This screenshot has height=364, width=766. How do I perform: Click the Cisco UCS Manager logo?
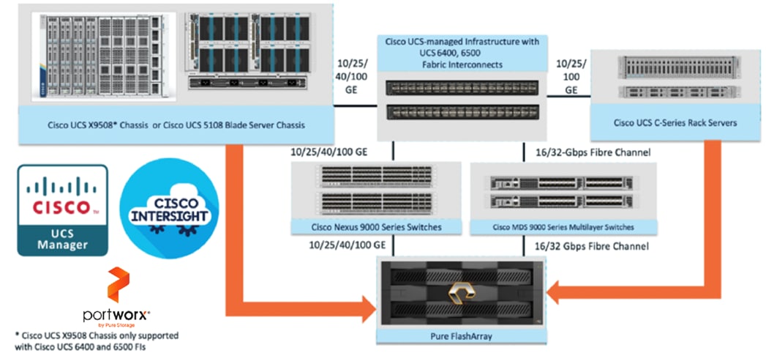click(x=62, y=209)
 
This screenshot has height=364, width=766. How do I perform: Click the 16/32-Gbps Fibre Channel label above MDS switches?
click(x=587, y=152)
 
